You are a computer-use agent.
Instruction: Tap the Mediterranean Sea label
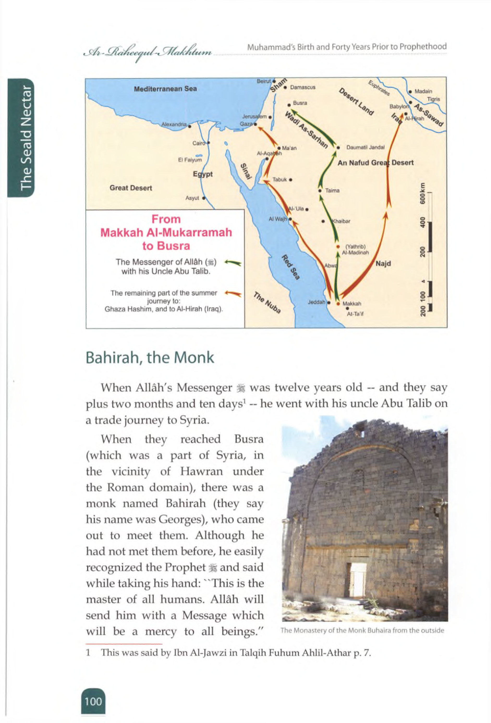pos(165,89)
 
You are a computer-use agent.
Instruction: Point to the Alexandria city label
pos(174,124)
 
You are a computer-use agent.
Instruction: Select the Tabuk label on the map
pos(279,180)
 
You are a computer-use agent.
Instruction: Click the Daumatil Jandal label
pos(365,147)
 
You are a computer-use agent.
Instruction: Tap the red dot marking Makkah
pos(338,303)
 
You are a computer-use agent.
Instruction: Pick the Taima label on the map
pos(332,190)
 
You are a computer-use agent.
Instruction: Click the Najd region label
pos(383,263)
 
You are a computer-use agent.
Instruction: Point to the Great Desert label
pos(131,188)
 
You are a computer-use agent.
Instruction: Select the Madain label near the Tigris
pos(423,91)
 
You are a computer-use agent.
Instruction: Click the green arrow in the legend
pos(233,263)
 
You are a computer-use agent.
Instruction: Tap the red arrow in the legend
pos(233,293)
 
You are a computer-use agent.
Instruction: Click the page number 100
pos(93,702)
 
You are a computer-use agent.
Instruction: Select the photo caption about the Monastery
pos(362,631)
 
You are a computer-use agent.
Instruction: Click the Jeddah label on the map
pos(316,302)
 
